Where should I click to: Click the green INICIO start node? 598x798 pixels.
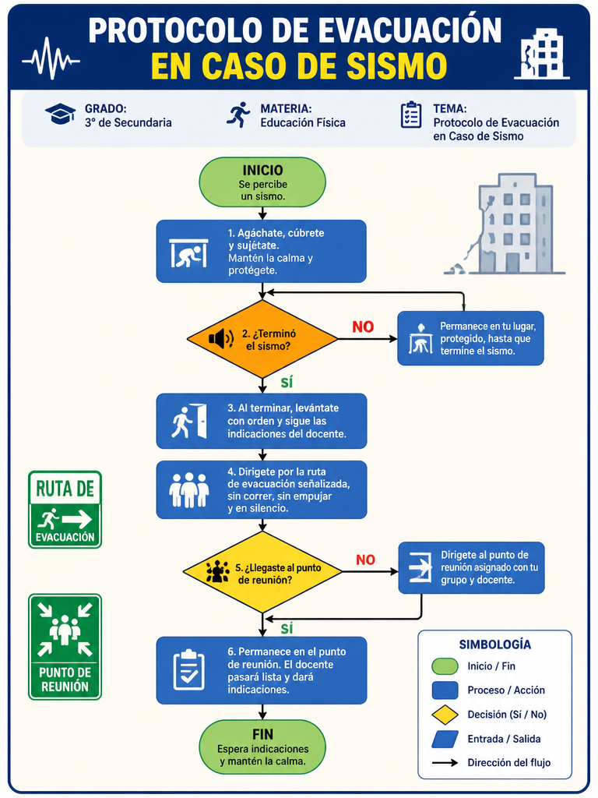click(262, 182)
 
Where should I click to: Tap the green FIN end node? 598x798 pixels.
click(262, 747)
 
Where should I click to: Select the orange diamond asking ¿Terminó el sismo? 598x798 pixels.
click(262, 339)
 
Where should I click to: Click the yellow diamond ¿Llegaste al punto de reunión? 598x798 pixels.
click(262, 572)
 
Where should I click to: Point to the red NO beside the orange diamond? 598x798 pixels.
click(363, 327)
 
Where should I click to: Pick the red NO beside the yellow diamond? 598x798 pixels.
click(366, 560)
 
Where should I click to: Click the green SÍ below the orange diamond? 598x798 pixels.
click(287, 382)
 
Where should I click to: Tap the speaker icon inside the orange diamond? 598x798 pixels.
click(221, 338)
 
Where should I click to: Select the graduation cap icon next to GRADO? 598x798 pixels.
click(60, 114)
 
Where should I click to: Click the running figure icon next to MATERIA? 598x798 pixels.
click(238, 115)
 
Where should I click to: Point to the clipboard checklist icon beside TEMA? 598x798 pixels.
click(411, 115)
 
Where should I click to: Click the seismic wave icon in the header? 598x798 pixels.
click(51, 58)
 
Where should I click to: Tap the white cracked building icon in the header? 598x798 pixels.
click(542, 54)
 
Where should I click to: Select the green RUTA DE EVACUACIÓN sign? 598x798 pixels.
click(65, 510)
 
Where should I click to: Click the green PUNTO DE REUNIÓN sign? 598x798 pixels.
click(65, 647)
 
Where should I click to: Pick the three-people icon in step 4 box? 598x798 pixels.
click(188, 490)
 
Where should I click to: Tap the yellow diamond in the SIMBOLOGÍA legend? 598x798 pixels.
click(445, 715)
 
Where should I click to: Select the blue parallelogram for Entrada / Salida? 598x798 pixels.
click(445, 740)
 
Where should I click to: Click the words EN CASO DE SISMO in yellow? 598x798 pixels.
click(299, 65)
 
